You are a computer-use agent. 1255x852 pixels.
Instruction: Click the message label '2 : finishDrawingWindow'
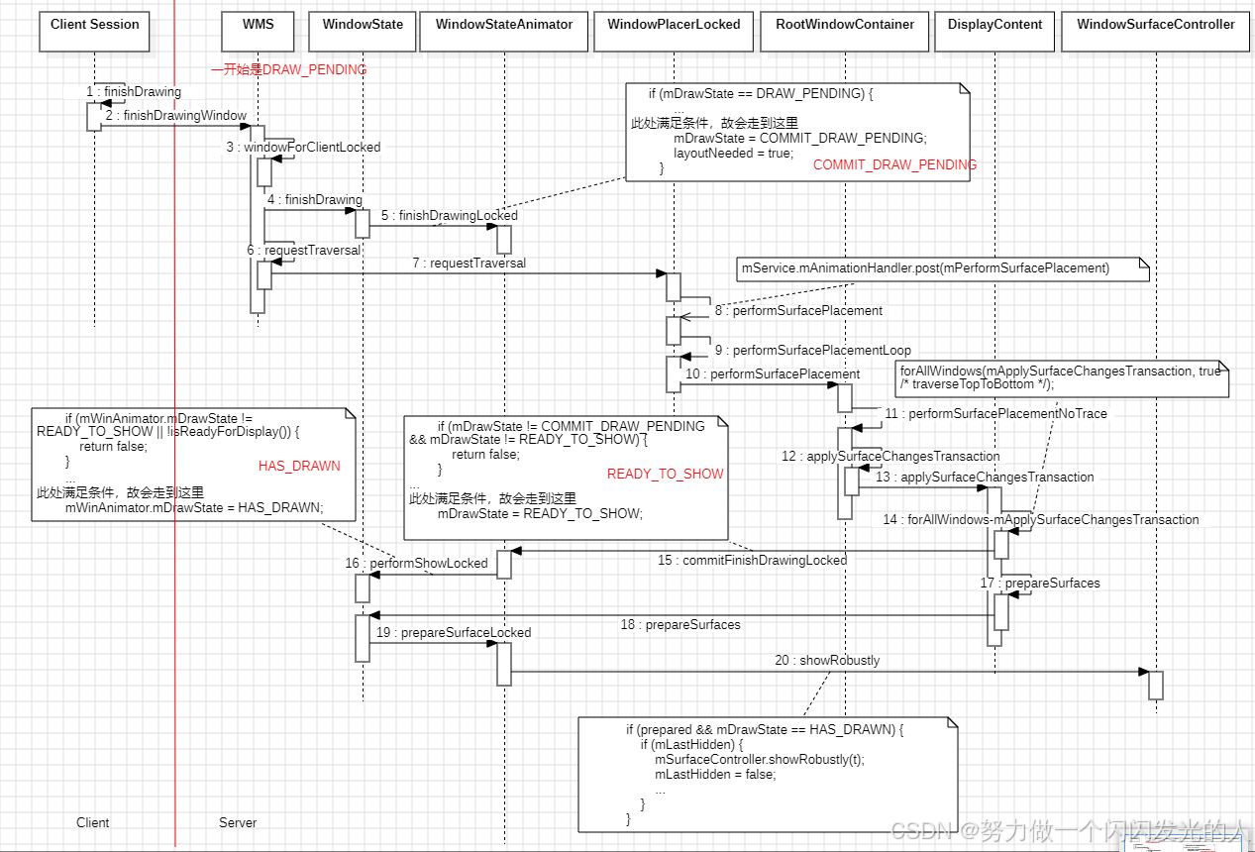coord(176,116)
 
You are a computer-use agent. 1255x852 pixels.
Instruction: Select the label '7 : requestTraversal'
coord(470,264)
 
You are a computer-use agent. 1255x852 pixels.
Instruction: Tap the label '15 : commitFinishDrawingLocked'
coord(752,561)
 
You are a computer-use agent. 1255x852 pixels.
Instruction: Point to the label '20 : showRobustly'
coord(828,661)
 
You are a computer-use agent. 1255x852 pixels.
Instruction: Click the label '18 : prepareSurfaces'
coord(680,625)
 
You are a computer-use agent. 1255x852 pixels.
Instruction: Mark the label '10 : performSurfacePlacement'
coord(773,374)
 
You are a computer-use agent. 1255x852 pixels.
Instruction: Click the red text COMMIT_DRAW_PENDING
coord(894,165)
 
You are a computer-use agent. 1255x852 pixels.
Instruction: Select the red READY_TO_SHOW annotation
coord(665,475)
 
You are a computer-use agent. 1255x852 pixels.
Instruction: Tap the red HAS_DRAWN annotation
coord(299,466)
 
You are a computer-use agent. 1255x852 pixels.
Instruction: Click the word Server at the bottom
coord(238,823)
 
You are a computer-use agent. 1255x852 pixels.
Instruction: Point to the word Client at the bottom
coord(93,823)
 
